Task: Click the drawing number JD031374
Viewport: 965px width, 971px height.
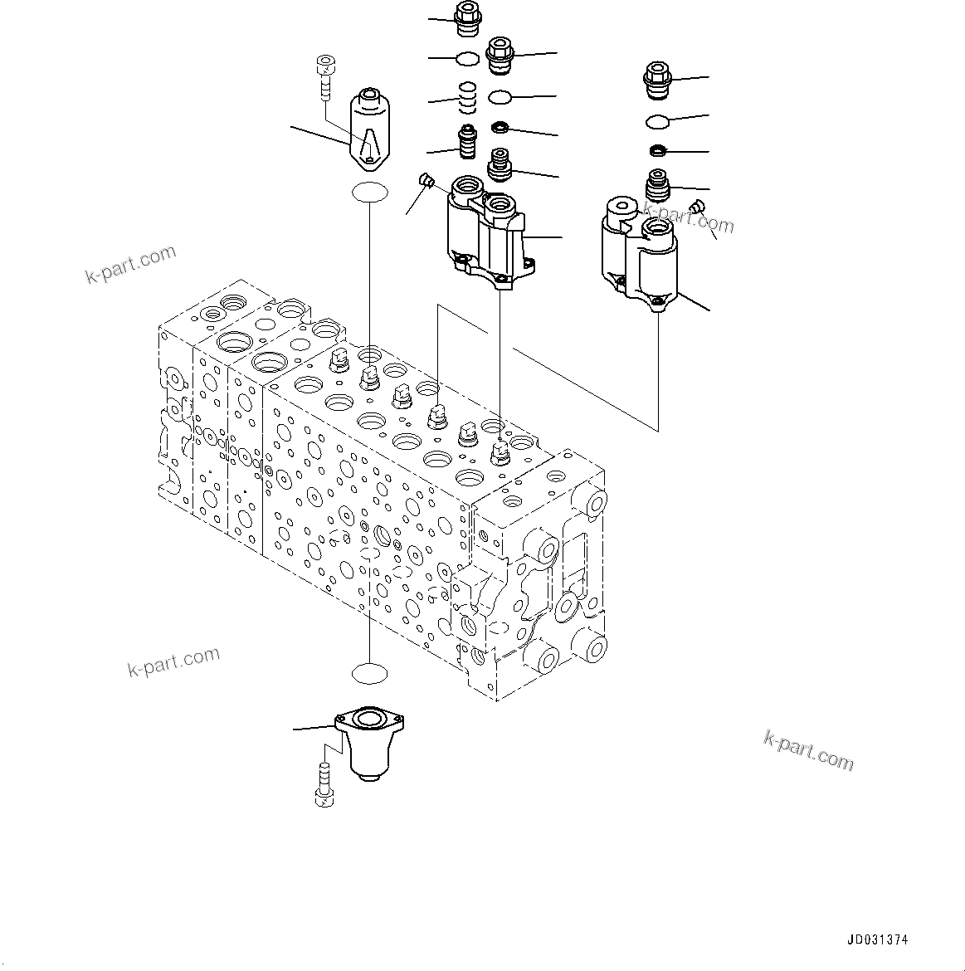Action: click(x=877, y=940)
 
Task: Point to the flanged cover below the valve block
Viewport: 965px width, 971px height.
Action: click(x=362, y=743)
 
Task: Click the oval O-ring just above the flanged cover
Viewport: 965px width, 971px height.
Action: click(x=368, y=673)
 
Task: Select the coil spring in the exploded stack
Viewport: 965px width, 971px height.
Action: click(x=468, y=98)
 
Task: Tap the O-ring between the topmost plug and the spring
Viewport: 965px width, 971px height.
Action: click(x=468, y=58)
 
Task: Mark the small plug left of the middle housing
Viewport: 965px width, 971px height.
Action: click(x=426, y=180)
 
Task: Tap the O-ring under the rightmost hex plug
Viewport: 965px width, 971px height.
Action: click(x=659, y=122)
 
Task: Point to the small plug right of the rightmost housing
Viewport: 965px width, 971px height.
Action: click(x=696, y=207)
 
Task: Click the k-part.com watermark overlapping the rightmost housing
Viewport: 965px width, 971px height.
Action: click(x=697, y=220)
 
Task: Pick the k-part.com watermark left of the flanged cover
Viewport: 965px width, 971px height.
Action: click(x=173, y=661)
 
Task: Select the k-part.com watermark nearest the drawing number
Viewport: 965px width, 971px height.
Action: click(x=808, y=750)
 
